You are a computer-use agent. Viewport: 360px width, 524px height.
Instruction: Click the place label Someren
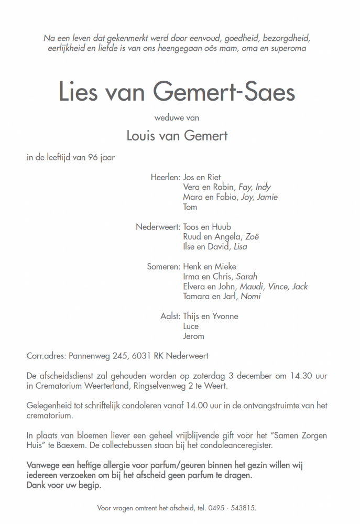(163, 267)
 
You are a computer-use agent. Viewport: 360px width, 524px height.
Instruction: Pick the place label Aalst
(170, 316)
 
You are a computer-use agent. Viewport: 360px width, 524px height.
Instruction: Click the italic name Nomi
(251, 297)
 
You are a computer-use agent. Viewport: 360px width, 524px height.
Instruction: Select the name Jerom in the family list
(193, 336)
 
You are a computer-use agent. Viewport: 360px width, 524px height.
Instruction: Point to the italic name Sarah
(247, 277)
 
